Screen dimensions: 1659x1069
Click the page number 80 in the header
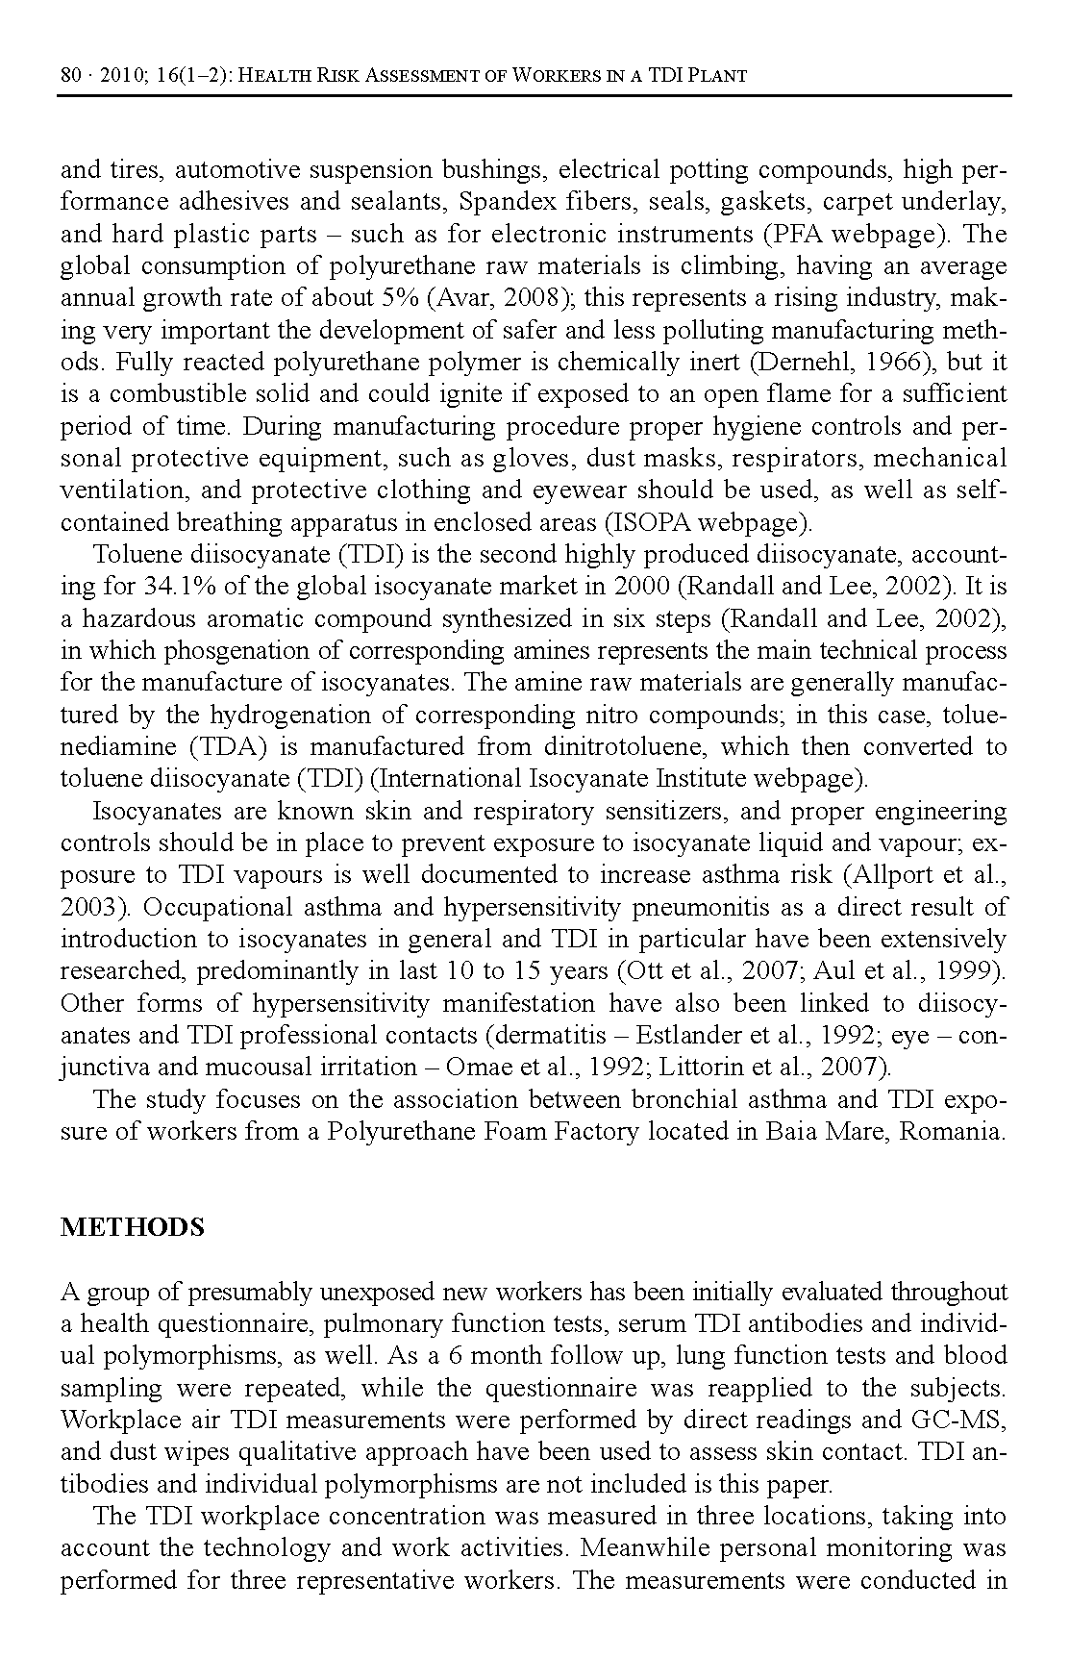click(71, 75)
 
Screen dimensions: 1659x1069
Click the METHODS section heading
click(133, 1228)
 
